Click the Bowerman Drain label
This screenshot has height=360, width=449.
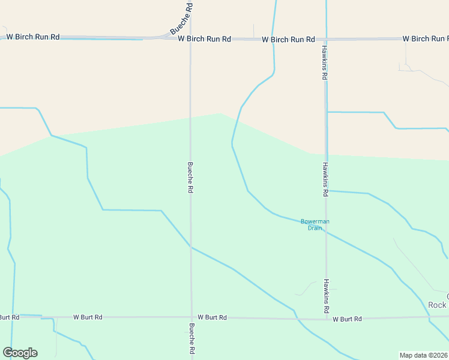tap(315, 224)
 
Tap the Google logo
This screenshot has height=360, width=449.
tap(20, 353)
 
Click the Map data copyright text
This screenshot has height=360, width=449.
tap(423, 355)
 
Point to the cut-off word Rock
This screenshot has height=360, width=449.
tap(438, 305)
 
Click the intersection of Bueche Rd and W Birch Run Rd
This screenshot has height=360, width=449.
tap(190, 38)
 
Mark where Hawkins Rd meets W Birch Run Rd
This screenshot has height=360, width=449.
tap(326, 38)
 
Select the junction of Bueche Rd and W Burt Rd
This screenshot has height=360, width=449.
tap(191, 317)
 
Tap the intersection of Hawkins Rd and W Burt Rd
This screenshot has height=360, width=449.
tap(327, 318)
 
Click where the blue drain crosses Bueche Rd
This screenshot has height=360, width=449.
tap(191, 247)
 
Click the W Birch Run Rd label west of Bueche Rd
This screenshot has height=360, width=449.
tap(33, 37)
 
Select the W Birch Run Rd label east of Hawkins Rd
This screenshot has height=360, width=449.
tap(425, 38)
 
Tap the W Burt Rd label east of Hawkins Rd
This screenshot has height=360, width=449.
tap(348, 319)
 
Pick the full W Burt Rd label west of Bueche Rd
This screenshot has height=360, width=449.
tap(88, 316)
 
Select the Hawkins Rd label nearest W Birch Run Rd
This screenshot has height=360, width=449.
tap(324, 62)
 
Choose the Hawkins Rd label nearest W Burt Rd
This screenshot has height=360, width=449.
tap(327, 296)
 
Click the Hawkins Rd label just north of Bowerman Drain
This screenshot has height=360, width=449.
tap(326, 179)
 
